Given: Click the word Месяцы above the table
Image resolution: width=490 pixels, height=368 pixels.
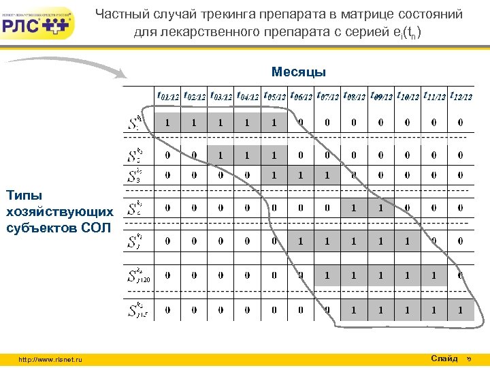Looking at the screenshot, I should tap(298, 72).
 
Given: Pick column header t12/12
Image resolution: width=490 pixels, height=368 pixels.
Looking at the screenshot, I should tap(460, 96).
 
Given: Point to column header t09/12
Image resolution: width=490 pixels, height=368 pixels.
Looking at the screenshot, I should tap(380, 96).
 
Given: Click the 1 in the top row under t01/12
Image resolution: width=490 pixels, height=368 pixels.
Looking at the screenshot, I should tap(167, 123).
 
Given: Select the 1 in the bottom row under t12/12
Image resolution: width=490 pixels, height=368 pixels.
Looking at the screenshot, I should tap(461, 310).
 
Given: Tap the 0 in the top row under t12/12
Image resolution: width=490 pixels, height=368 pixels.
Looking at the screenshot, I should tap(461, 123).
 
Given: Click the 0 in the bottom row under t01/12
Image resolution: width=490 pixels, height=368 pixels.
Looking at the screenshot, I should tap(167, 310).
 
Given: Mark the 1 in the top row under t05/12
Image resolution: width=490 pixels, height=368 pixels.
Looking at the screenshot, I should tap(274, 123).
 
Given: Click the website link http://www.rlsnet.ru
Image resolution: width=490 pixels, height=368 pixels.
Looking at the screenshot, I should tap(50, 359).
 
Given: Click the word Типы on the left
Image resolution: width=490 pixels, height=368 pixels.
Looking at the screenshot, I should tap(22, 196).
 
